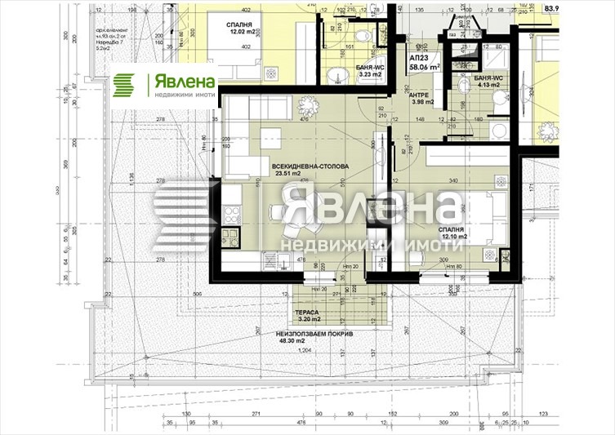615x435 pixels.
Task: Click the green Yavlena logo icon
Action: pyautogui.click(x=125, y=86)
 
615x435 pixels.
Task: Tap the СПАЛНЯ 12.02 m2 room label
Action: pyautogui.click(x=243, y=29)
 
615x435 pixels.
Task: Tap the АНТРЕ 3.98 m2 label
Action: pyautogui.click(x=422, y=98)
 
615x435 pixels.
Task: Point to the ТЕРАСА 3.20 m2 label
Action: pyautogui.click(x=308, y=315)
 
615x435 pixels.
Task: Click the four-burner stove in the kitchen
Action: pyautogui.click(x=230, y=216)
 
